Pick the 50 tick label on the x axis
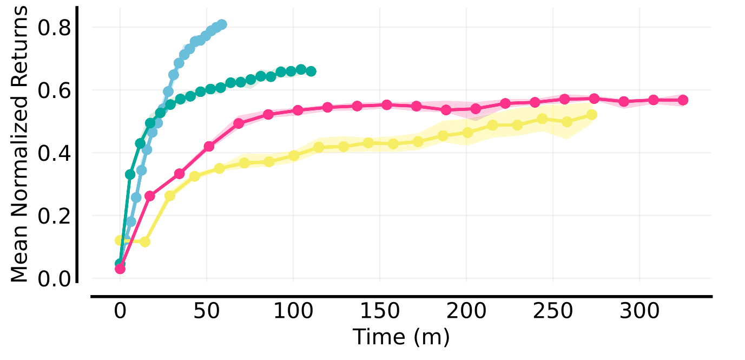(x=207, y=312)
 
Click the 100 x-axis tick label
(x=293, y=312)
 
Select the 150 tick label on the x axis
(x=380, y=312)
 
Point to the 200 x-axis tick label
(x=466, y=312)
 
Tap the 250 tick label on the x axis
(x=553, y=312)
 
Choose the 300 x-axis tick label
(x=639, y=312)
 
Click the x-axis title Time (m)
(x=401, y=337)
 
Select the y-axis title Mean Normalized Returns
(x=19, y=145)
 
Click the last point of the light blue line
(x=221, y=24)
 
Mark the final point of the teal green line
(x=311, y=71)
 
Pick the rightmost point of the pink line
(x=683, y=100)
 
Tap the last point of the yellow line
(x=591, y=115)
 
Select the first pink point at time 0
(x=120, y=269)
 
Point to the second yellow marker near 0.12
(x=144, y=242)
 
